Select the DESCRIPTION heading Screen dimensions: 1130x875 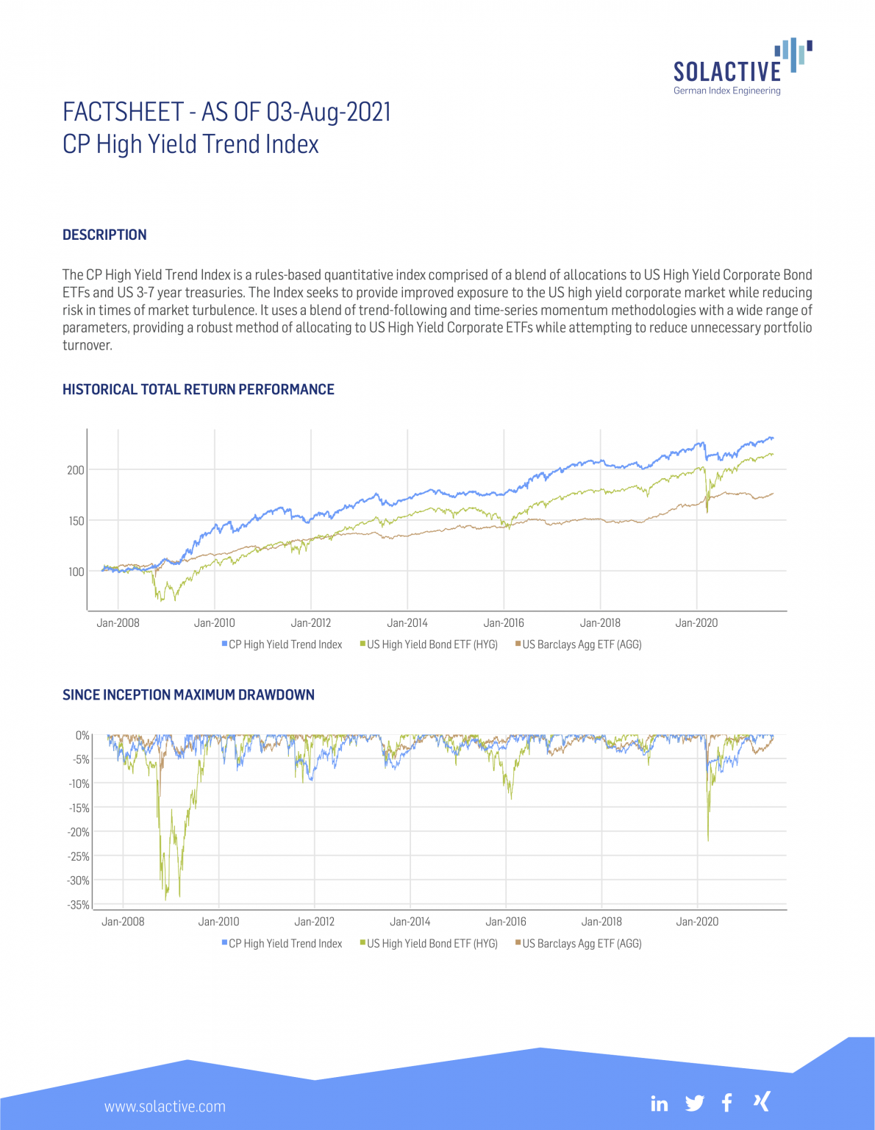(x=104, y=235)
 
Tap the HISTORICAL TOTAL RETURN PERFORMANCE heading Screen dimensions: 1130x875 (x=198, y=389)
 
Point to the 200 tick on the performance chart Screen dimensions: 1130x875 (x=76, y=470)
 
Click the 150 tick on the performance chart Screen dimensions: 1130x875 (x=76, y=521)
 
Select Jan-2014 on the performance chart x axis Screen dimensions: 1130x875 (x=407, y=623)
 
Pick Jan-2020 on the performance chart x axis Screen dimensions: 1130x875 (x=696, y=623)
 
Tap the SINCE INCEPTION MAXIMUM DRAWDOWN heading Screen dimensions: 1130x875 (x=188, y=694)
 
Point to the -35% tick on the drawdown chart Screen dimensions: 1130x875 (x=79, y=905)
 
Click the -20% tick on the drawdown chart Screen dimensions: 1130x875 (x=79, y=832)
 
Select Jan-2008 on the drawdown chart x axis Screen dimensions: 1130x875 (x=123, y=922)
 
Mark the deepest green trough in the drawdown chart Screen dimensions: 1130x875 (x=166, y=898)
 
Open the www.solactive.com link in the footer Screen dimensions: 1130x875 (x=165, y=1106)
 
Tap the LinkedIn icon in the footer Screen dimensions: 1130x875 (x=660, y=1104)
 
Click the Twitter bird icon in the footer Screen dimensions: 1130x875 (x=694, y=1104)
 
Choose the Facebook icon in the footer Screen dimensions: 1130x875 (x=726, y=1103)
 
